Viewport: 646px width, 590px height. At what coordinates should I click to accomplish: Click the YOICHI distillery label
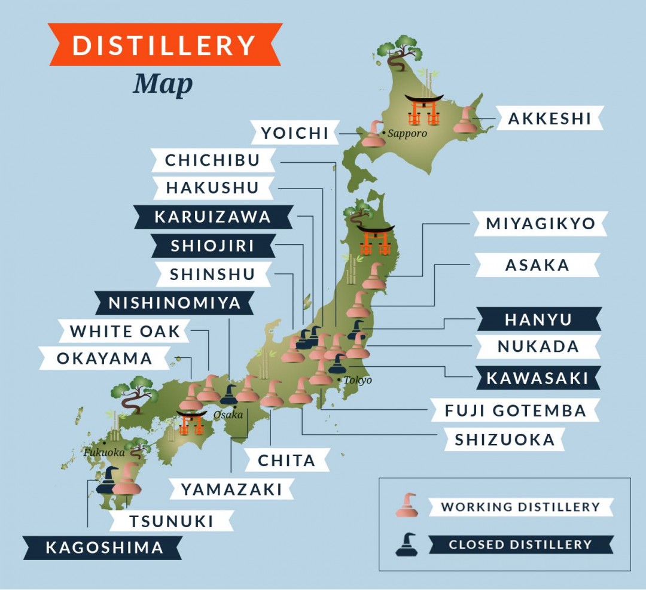click(294, 133)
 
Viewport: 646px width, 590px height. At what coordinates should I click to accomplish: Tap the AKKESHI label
click(549, 118)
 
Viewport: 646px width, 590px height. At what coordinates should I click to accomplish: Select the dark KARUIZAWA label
click(212, 217)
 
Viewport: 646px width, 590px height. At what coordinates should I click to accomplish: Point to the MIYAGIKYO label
click(540, 224)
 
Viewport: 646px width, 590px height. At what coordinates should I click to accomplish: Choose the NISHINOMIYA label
click(174, 303)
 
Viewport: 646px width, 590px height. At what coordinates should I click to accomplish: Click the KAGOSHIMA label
click(103, 547)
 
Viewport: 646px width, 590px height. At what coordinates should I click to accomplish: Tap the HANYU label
click(538, 320)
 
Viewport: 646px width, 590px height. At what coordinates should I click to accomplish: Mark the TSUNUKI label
click(171, 521)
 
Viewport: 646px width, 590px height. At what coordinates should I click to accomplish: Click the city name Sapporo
click(407, 133)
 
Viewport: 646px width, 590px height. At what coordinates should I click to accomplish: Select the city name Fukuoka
click(103, 452)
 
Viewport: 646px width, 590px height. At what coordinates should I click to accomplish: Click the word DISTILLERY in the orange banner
click(164, 45)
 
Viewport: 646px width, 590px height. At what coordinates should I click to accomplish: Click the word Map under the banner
click(163, 83)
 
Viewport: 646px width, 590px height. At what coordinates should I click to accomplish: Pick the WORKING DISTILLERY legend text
click(520, 507)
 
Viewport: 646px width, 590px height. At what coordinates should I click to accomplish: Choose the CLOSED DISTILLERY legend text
click(520, 545)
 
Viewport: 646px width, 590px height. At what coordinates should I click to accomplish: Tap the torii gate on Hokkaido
click(423, 110)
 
